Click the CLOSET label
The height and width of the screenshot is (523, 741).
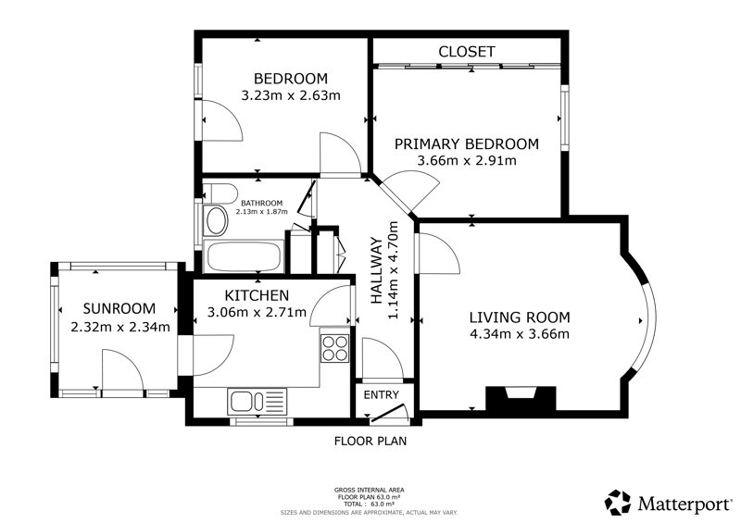(467, 52)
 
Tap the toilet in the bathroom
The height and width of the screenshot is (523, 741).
(220, 193)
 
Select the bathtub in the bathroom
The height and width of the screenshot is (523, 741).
(244, 256)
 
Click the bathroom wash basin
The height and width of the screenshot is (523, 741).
(217, 220)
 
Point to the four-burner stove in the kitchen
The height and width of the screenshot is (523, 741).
(334, 348)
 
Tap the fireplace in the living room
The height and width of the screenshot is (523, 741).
(521, 398)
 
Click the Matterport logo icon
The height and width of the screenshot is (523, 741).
(618, 503)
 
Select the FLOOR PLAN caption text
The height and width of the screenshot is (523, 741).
(370, 442)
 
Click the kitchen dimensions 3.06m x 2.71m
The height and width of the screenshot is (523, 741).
(257, 312)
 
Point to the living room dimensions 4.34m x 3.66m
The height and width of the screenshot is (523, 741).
(520, 334)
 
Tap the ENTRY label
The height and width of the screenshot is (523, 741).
(381, 395)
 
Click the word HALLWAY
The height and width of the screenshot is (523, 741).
(376, 270)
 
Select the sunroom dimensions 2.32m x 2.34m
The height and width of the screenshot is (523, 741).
(120, 327)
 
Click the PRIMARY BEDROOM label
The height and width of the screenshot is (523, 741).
(467, 143)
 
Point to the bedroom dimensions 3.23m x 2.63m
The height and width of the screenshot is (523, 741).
(291, 95)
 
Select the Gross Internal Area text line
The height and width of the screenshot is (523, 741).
(369, 491)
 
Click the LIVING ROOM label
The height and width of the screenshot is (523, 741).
(520, 317)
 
